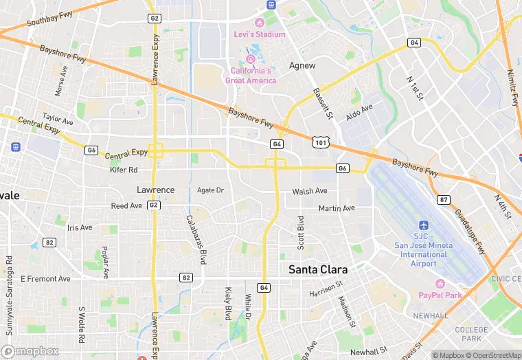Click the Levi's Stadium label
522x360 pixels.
260,34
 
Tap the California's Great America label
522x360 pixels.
251,76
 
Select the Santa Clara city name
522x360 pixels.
317,269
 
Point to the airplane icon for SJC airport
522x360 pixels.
424,225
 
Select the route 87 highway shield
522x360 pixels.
444,199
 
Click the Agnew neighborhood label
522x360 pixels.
302,66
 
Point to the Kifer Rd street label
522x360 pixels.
124,170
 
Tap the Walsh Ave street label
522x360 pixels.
310,192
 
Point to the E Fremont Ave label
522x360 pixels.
45,279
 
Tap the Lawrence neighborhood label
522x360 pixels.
155,190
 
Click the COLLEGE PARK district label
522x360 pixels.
471,335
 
